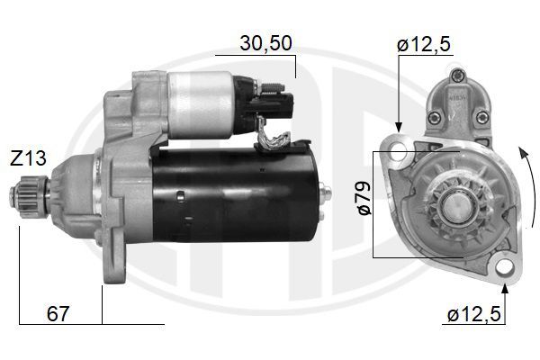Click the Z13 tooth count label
tap(28, 158)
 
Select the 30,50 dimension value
tap(265, 43)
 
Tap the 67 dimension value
tap(58, 313)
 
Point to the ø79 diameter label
tap(364, 198)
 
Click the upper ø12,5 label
tap(424, 44)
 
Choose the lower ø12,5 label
tap(474, 314)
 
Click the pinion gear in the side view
tap(28, 196)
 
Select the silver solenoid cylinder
tap(201, 105)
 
